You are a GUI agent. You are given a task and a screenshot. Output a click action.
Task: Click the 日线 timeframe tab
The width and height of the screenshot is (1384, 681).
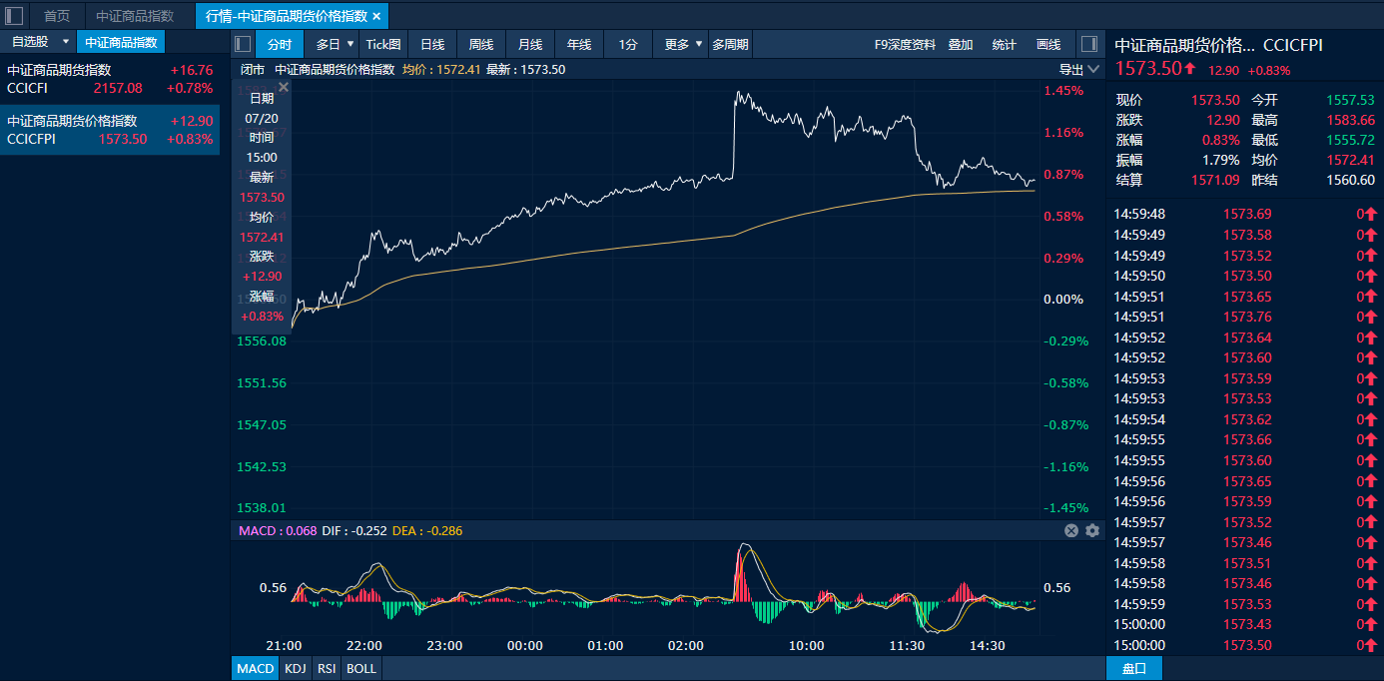coord(432,45)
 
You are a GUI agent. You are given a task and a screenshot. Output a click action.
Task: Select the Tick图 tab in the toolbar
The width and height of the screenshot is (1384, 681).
coord(383,45)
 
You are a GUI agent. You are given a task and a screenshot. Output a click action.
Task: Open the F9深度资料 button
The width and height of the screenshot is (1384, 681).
coord(905,45)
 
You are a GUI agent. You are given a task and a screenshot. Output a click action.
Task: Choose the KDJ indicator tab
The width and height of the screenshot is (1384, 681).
coord(296,669)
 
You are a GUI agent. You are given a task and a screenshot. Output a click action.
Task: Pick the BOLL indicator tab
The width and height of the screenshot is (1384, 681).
coord(361,669)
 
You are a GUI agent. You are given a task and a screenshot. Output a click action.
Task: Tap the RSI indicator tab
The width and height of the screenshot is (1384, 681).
coord(327,669)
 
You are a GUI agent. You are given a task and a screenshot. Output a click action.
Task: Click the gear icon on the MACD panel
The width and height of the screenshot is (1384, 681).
coord(1092,531)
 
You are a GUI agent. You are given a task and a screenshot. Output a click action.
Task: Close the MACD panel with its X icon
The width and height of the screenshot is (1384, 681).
coord(1071,531)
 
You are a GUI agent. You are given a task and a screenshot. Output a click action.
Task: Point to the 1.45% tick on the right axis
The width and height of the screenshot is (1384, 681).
coord(1063,91)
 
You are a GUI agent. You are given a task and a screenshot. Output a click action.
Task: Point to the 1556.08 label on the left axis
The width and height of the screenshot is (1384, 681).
coord(262,341)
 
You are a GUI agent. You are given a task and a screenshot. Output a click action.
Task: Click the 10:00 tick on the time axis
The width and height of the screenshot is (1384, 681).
coord(806,646)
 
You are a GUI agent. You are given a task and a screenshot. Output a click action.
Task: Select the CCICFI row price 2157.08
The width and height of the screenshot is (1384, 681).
coord(118,88)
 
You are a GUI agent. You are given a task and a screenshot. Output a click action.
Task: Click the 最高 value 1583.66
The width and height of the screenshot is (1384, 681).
coord(1350,120)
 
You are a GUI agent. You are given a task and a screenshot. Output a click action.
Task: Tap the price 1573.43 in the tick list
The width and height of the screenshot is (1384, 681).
coord(1247,625)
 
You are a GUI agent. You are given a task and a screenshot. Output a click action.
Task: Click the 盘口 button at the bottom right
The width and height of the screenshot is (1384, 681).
coord(1134,669)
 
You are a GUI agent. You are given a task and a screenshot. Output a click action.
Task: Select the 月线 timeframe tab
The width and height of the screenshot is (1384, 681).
coord(530,45)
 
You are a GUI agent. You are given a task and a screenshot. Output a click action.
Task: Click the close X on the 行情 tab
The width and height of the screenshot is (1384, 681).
coord(376,17)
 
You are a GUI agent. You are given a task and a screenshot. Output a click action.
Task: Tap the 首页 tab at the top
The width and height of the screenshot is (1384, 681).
coord(57,16)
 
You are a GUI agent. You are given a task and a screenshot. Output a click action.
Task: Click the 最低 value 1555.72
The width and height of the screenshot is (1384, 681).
coord(1350,140)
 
